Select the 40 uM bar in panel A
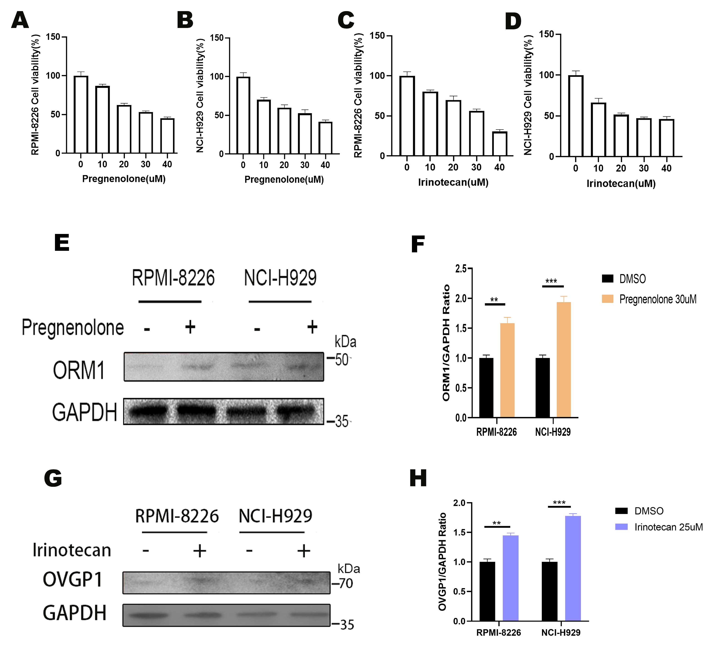point(167,136)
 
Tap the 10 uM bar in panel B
point(263,127)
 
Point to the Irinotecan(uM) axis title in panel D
point(621,184)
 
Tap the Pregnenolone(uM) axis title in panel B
point(284,179)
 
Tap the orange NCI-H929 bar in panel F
point(564,360)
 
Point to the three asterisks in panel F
point(551,281)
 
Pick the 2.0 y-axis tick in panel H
point(459,503)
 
